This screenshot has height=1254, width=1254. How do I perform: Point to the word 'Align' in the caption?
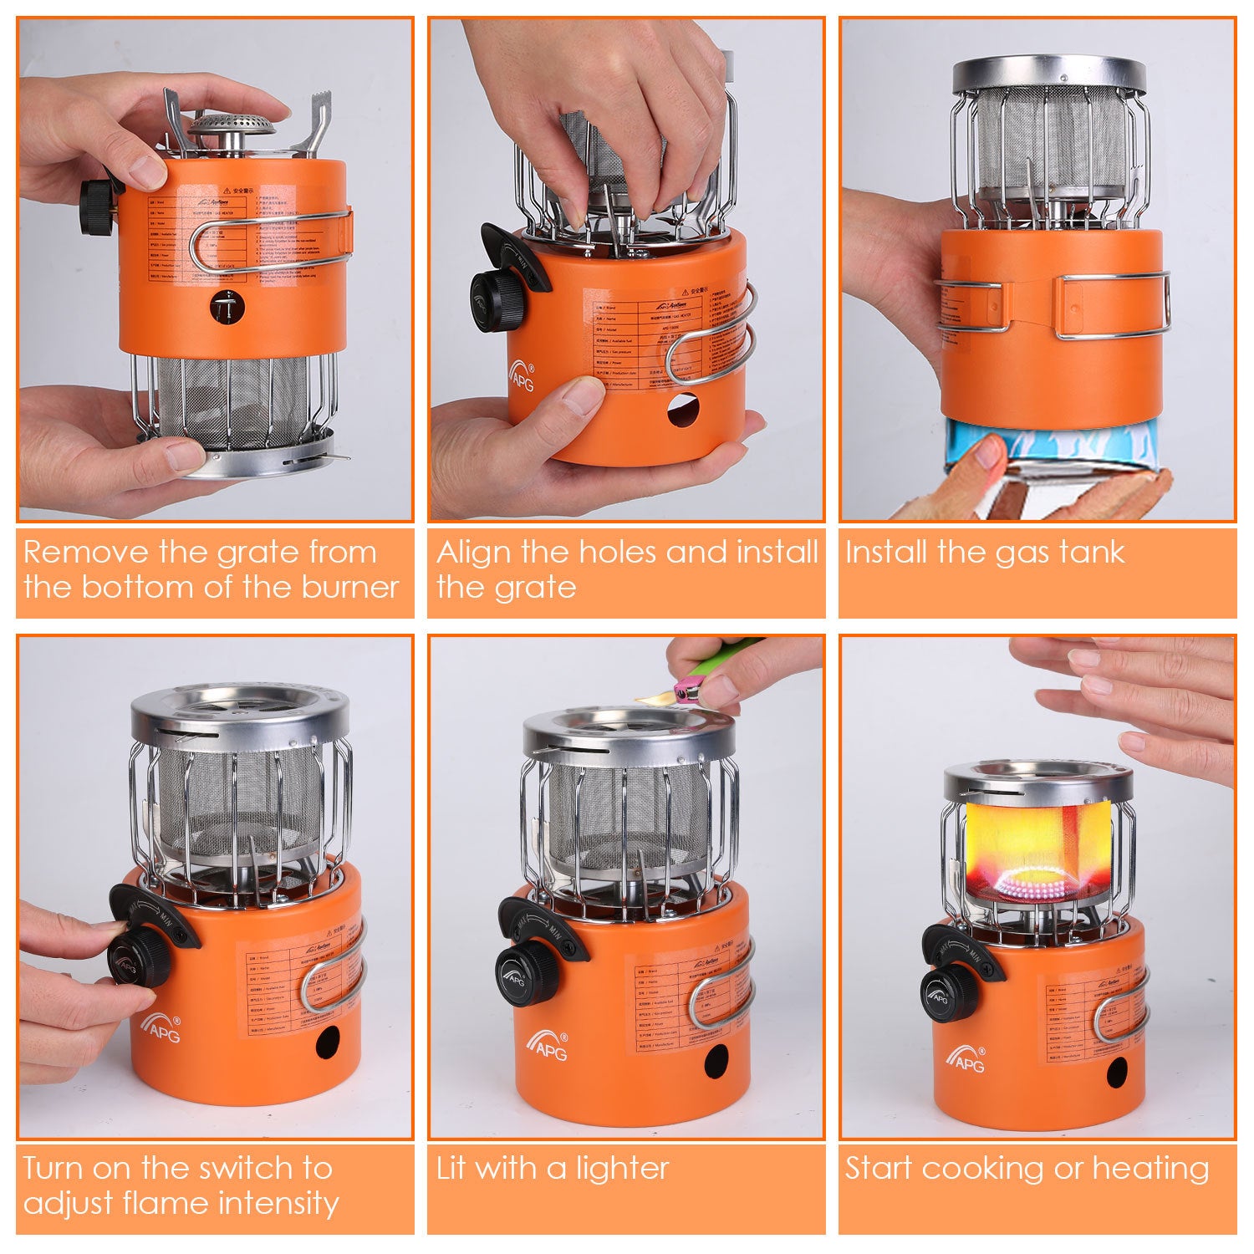click(473, 553)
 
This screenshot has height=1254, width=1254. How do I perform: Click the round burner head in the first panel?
click(232, 127)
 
